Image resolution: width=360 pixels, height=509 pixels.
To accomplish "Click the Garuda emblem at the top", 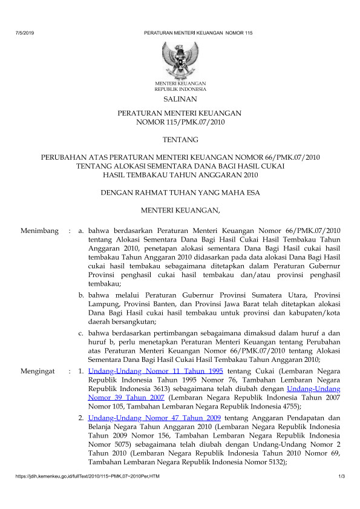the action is click(x=180, y=59).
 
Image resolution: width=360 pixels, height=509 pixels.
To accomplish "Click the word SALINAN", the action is click(x=180, y=98).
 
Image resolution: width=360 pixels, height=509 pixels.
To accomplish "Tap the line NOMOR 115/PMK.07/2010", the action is click(x=180, y=122).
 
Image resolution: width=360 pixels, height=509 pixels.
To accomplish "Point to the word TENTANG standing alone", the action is click(x=180, y=140).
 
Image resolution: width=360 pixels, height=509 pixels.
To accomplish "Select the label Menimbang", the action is click(x=39, y=231).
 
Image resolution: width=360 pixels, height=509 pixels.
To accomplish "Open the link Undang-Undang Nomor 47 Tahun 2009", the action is click(x=154, y=418).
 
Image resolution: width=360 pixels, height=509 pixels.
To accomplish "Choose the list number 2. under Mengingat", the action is click(x=81, y=418).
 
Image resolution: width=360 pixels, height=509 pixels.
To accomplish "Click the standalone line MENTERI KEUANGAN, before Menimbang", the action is click(x=180, y=211).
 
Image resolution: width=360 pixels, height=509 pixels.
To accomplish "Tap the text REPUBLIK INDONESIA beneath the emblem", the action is click(x=180, y=88).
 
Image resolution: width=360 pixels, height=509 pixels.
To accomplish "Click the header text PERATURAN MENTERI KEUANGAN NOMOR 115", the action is click(x=198, y=31).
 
